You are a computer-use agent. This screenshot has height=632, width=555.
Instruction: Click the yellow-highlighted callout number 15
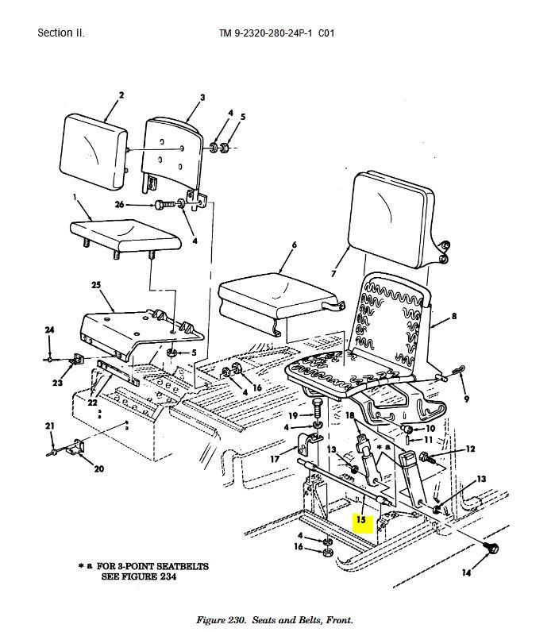click(x=360, y=519)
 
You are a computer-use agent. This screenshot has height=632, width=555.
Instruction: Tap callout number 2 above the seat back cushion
click(x=121, y=95)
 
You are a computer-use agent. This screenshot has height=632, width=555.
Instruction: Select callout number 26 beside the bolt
click(x=119, y=204)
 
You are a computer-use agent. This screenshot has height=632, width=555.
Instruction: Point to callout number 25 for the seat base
click(x=96, y=285)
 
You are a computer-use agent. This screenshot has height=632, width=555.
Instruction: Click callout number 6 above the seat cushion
click(x=295, y=245)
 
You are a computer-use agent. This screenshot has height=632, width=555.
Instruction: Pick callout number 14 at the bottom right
click(x=466, y=572)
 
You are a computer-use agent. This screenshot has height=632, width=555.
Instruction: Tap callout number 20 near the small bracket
click(x=99, y=468)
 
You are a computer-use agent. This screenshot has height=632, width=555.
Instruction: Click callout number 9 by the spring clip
click(x=466, y=399)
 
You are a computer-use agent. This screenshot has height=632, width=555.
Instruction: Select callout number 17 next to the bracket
click(x=275, y=459)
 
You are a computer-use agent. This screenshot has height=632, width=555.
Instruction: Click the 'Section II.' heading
click(x=61, y=33)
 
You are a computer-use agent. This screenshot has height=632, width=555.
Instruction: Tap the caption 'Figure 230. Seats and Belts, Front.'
click(x=275, y=620)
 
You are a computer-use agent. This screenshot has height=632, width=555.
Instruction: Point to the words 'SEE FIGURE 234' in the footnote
click(x=139, y=576)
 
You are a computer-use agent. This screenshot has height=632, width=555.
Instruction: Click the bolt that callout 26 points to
click(x=165, y=204)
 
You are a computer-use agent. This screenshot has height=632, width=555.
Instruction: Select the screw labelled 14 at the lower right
click(x=491, y=548)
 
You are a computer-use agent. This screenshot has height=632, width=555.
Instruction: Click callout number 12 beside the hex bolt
click(x=470, y=449)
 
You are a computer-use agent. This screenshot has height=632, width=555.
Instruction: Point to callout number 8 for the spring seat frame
click(x=454, y=316)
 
